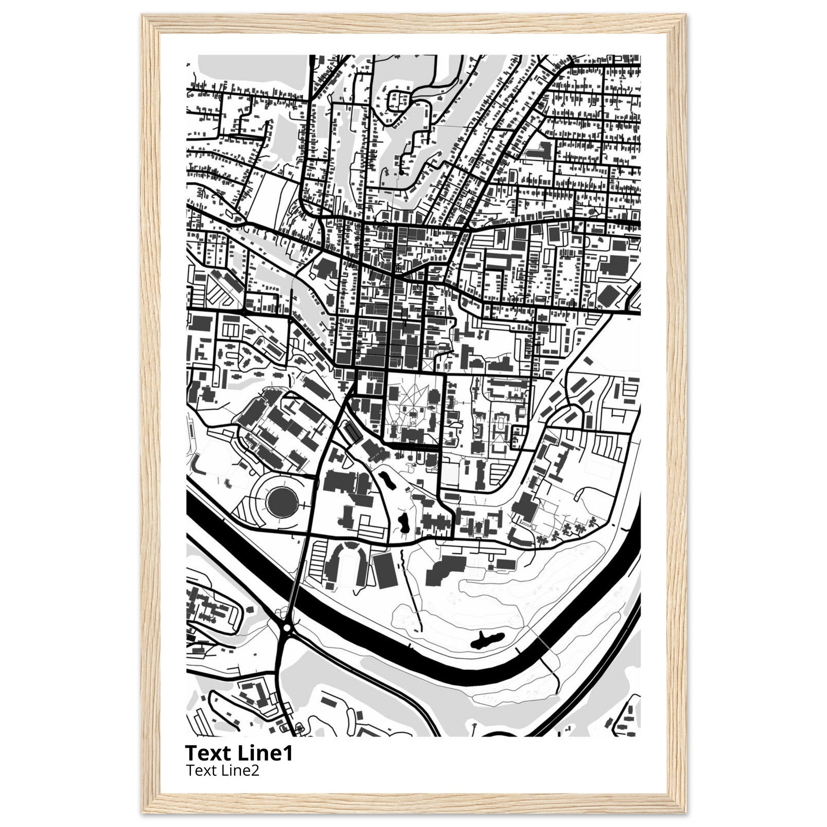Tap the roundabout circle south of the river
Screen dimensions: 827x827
[287, 628]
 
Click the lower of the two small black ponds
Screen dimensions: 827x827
[403, 522]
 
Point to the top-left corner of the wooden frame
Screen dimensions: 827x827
[143, 16]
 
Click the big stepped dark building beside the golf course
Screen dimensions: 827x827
[445, 569]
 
